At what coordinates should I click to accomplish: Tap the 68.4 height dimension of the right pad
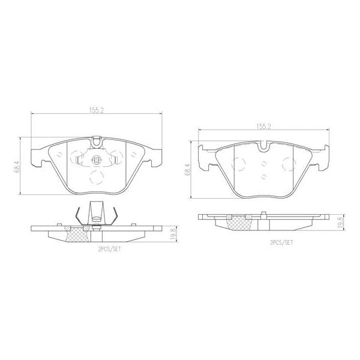tap(188, 170)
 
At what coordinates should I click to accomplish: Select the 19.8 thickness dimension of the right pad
tap(340, 221)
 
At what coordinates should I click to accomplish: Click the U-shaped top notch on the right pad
tap(263, 146)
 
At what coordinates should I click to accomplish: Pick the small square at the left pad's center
tap(97, 160)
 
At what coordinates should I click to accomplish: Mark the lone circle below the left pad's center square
tap(96, 178)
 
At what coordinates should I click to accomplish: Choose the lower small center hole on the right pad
tap(264, 176)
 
